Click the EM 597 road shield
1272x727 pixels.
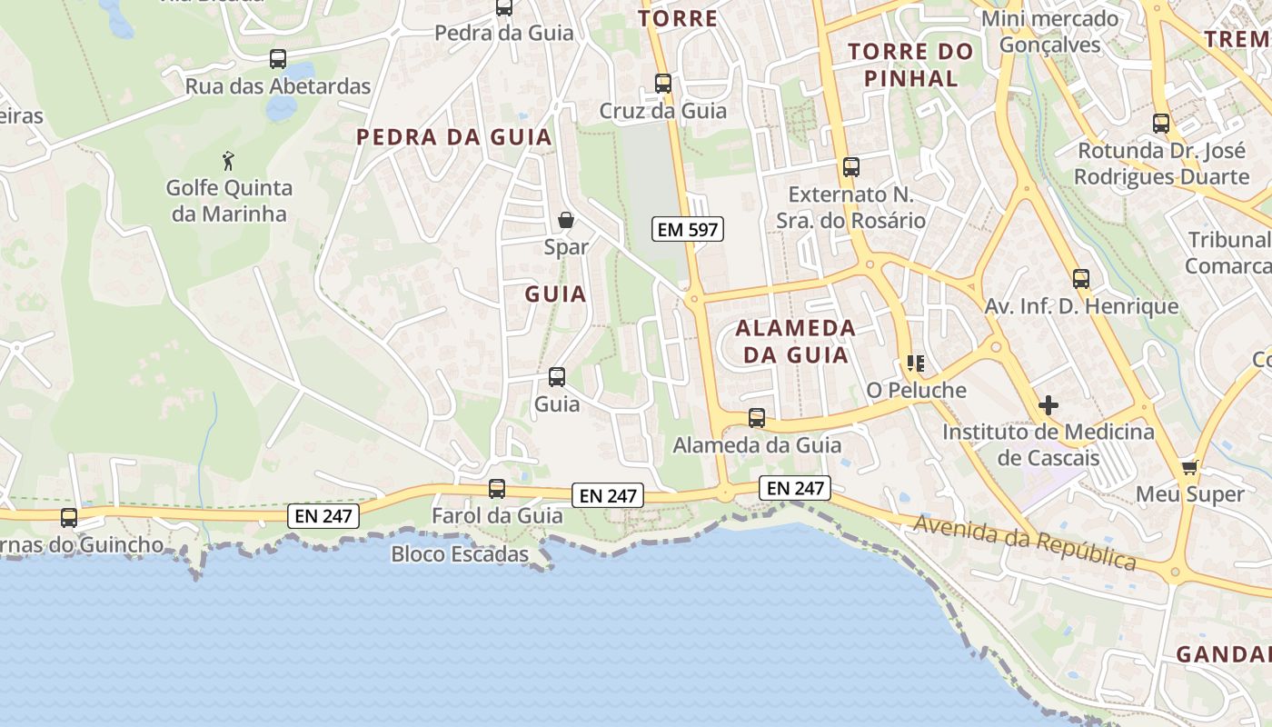(688, 230)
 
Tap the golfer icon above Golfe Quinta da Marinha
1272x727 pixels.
(228, 162)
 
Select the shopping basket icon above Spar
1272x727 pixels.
(566, 220)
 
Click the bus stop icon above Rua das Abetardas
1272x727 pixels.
(278, 59)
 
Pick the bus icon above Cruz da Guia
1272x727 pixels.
(663, 84)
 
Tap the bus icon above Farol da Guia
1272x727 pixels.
(497, 489)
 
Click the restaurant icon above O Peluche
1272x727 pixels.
(915, 364)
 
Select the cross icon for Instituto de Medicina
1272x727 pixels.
(1048, 404)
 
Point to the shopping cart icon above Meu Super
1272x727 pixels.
(1190, 468)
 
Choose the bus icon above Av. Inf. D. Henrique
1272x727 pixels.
(1081, 279)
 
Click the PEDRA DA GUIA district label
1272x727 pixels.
(454, 137)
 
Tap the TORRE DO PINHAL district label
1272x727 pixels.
(910, 65)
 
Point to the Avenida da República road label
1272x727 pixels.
(1025, 543)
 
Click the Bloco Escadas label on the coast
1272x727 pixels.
(460, 553)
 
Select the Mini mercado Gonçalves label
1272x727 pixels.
(1050, 32)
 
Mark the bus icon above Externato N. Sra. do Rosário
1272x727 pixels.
(851, 167)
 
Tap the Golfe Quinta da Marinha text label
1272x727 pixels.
(229, 201)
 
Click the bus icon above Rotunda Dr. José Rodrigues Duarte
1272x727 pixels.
(1161, 124)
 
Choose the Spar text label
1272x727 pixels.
(566, 246)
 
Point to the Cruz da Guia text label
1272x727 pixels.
(663, 111)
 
